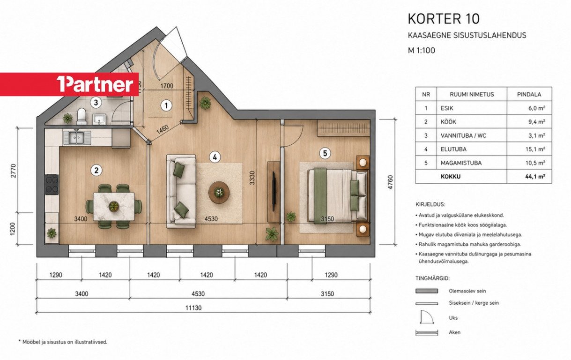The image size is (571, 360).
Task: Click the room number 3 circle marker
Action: point(96,103)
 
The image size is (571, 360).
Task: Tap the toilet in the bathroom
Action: point(82,116)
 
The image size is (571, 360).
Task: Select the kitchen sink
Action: point(77,138)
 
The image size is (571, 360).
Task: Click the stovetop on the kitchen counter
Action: point(52,185)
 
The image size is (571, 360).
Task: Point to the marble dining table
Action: point(114,206)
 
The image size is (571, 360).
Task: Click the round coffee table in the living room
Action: point(219,192)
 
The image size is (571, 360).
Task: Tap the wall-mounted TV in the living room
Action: point(274,191)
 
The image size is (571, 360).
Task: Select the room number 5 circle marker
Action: point(325,153)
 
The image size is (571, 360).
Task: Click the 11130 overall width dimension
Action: point(193,307)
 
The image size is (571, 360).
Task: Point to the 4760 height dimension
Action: point(390,182)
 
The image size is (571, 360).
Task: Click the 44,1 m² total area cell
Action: point(535,177)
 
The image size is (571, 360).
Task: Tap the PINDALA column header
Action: point(529,94)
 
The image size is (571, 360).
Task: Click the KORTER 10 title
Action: point(444,19)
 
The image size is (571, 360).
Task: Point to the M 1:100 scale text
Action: point(422,50)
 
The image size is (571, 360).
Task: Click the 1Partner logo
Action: point(95,84)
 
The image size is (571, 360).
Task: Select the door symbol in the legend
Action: point(427,317)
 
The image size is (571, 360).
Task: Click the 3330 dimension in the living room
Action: point(252,178)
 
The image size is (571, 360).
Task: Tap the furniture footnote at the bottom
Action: point(63,342)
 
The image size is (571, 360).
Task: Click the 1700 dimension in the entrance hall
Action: point(167,86)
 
